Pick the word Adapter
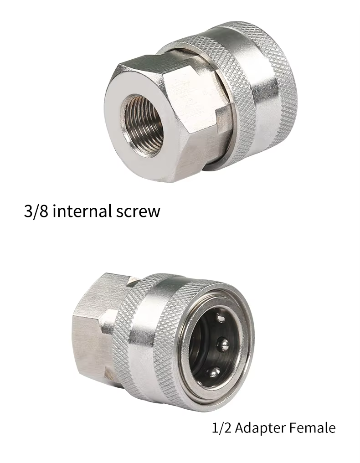pos(259,428)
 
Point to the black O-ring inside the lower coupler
pos(199,346)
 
